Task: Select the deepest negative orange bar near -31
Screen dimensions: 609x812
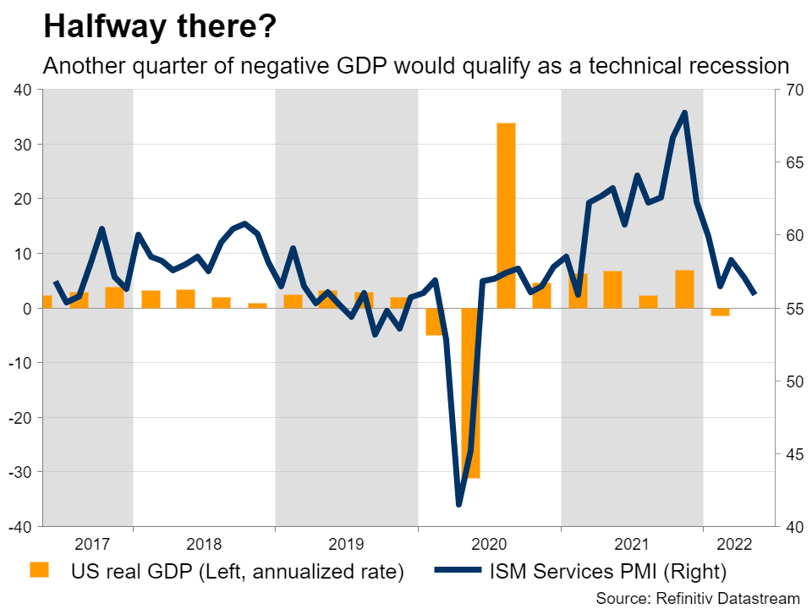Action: pyautogui.click(x=470, y=392)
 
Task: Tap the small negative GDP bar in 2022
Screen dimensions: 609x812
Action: pyautogui.click(x=720, y=312)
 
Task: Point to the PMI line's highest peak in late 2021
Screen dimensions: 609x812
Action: pyautogui.click(x=684, y=112)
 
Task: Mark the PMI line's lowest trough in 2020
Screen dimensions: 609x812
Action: pyautogui.click(x=459, y=504)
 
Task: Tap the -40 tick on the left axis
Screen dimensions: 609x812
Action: pyautogui.click(x=19, y=527)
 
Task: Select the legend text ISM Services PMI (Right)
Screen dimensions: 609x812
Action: pyautogui.click(x=607, y=571)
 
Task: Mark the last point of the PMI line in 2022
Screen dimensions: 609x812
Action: pyautogui.click(x=755, y=294)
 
